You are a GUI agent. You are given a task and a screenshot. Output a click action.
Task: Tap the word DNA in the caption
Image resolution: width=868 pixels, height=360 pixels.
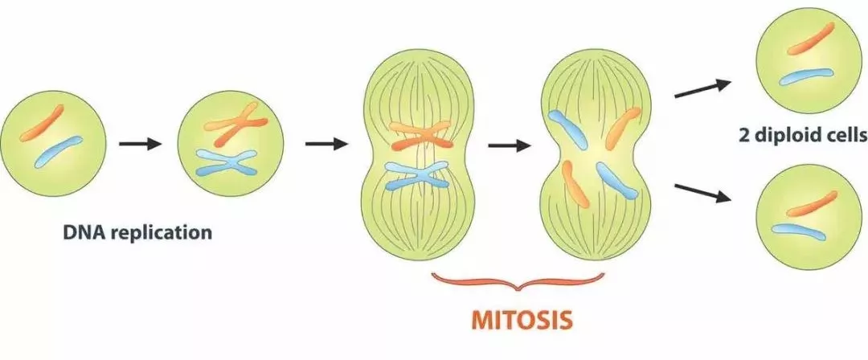(x=82, y=234)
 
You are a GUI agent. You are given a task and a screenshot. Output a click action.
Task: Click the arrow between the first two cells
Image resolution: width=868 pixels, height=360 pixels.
(x=141, y=145)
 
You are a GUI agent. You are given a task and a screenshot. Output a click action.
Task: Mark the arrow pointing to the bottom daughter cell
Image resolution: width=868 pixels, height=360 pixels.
(x=702, y=194)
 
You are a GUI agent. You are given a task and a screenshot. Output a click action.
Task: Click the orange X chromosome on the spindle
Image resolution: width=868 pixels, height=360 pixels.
(x=421, y=137)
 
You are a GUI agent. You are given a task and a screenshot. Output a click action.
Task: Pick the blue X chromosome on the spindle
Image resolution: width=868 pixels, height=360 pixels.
(x=416, y=174)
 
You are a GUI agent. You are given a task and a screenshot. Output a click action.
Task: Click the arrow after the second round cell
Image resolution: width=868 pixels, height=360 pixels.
(x=326, y=145)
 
